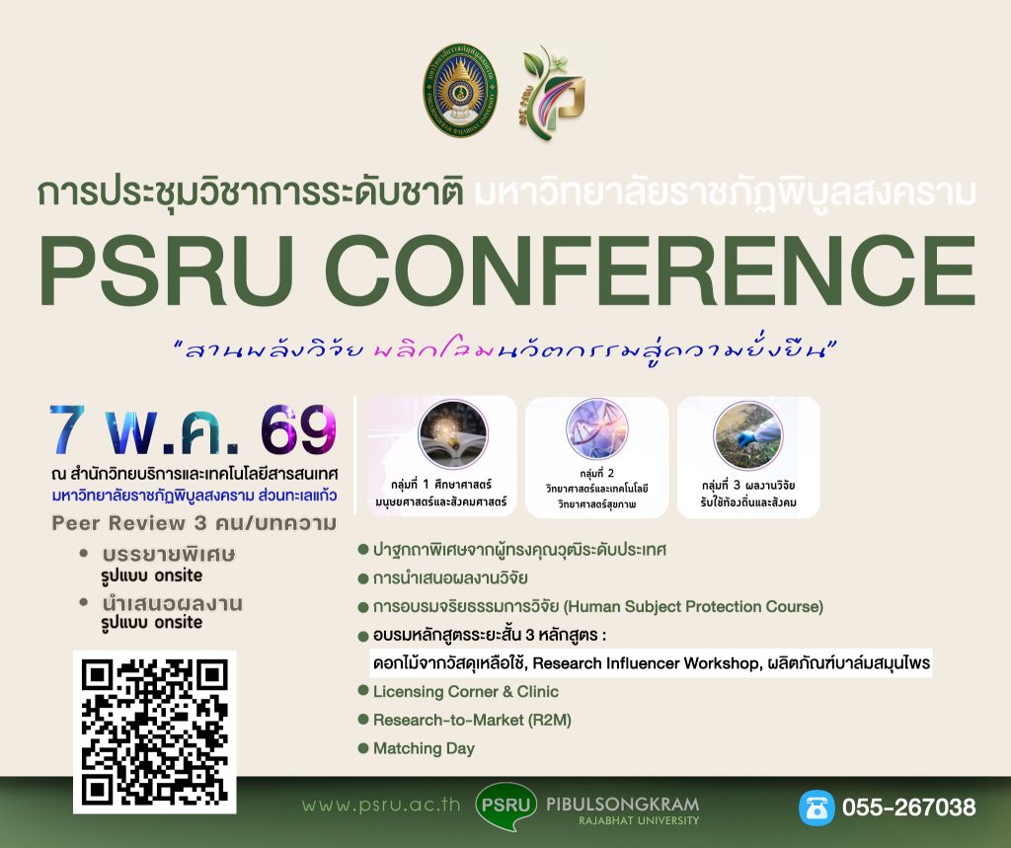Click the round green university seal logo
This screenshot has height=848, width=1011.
pos(461,89)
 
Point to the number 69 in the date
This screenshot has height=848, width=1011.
pos(297,427)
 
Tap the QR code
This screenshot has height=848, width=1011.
pos(155,731)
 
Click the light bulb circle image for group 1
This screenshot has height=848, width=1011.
pos(440,434)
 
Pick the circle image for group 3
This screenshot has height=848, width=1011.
pos(747,434)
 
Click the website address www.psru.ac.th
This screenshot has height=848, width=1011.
pos(382,805)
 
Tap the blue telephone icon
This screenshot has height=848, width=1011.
pos(817,807)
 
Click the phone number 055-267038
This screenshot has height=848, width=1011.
pos(908,807)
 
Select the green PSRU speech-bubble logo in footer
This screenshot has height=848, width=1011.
pos(505,805)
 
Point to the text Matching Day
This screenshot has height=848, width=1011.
pos(424,748)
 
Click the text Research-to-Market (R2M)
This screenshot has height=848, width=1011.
pos(472,720)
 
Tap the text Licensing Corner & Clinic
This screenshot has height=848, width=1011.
pos(465,691)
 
